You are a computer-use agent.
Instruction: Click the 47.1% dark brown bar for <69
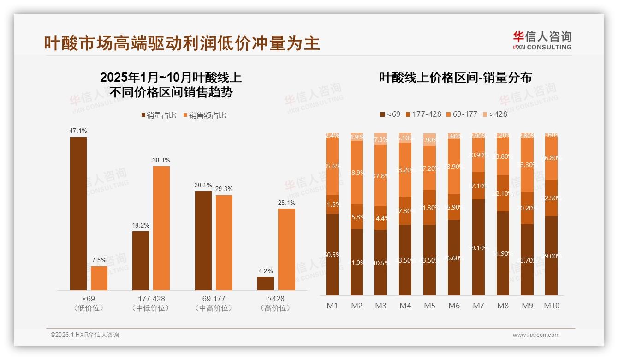tap(78, 213)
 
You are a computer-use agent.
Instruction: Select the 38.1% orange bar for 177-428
tap(161, 228)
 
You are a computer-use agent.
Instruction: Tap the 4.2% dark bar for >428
tap(266, 283)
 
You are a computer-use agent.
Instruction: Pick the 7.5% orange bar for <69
tap(99, 278)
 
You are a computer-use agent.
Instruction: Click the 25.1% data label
tap(286, 203)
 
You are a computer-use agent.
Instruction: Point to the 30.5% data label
tap(203, 186)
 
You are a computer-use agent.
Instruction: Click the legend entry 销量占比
tap(159, 115)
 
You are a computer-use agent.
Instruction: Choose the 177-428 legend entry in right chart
tap(422, 114)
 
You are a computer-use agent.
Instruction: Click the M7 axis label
tap(479, 306)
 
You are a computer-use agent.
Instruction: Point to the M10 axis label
tap(551, 306)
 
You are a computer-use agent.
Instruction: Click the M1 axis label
tap(332, 306)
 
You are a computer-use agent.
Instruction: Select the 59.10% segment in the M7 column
tap(479, 247)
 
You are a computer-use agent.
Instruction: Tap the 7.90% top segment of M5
tap(430, 139)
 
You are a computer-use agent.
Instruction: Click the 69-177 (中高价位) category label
tap(214, 303)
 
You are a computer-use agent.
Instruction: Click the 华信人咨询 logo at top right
tap(542, 40)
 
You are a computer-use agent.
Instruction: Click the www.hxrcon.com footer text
tap(536, 335)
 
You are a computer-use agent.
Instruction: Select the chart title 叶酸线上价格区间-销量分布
tap(455, 78)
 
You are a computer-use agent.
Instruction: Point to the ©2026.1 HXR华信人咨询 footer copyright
tap(85, 335)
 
